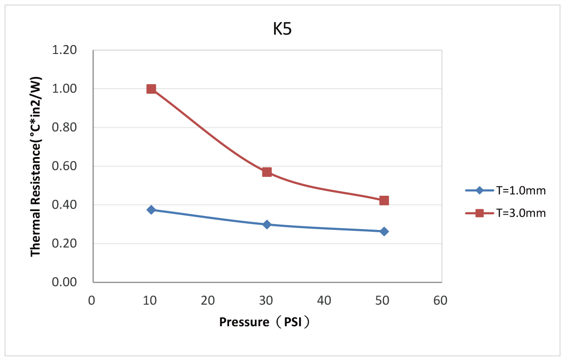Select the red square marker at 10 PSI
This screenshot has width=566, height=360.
(151, 89)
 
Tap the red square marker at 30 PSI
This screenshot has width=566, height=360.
(267, 172)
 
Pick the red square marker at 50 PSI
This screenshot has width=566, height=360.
(384, 200)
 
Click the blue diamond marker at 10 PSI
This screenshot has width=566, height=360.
(151, 210)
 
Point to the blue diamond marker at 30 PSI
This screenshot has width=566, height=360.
(267, 224)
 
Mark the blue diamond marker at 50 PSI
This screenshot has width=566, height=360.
(384, 231)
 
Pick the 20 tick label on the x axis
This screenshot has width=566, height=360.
(208, 300)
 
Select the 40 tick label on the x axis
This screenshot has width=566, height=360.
(325, 300)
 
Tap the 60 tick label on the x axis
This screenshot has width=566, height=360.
(441, 300)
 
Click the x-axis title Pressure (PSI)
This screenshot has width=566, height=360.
(265, 322)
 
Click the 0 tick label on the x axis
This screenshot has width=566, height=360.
(92, 300)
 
